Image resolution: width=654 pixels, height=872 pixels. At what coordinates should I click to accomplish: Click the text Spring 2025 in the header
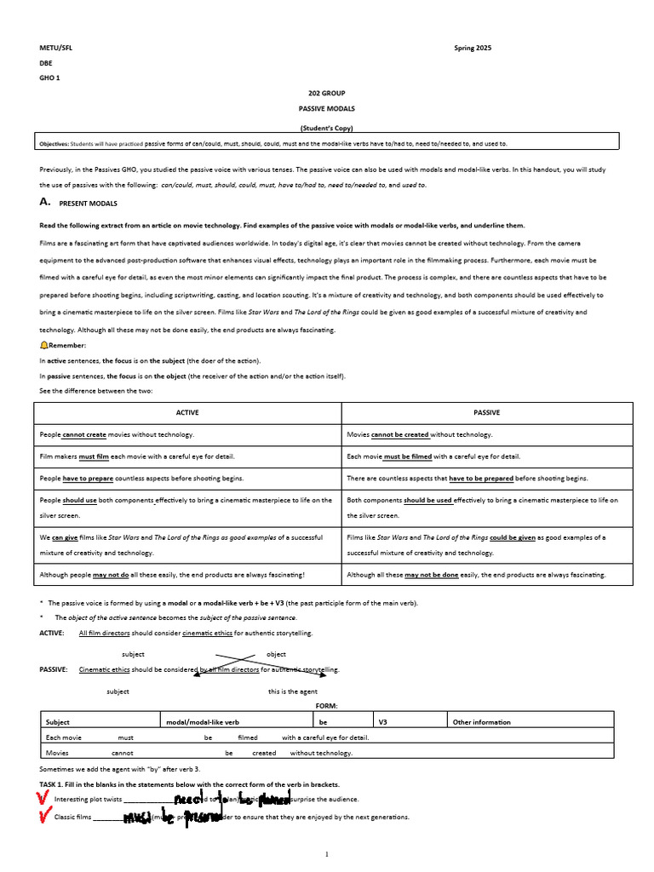(x=473, y=48)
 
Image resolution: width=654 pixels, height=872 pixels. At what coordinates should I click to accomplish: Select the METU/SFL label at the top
(x=56, y=48)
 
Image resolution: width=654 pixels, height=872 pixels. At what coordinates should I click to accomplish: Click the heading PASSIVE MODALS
(x=327, y=109)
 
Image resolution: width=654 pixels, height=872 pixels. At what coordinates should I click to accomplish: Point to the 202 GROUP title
(x=327, y=92)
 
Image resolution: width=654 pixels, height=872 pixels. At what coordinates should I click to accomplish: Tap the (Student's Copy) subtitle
(x=327, y=128)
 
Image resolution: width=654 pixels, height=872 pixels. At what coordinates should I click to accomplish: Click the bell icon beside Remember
(x=43, y=345)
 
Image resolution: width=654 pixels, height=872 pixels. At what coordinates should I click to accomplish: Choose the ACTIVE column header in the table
(x=186, y=412)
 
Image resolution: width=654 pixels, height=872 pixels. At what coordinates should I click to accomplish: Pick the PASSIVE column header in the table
(x=486, y=412)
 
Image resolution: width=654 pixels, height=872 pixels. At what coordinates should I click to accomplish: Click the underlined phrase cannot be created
(x=400, y=434)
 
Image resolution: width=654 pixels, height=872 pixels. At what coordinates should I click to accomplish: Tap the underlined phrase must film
(x=94, y=456)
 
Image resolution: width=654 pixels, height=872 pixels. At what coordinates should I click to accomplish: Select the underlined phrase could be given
(x=512, y=537)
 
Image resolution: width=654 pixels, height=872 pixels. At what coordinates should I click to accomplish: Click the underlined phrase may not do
(x=111, y=575)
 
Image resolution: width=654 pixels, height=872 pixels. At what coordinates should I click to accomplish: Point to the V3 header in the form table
(x=383, y=722)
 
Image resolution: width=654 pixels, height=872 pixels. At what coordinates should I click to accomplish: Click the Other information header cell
(x=482, y=722)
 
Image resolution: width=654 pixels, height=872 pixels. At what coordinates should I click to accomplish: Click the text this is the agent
(x=293, y=691)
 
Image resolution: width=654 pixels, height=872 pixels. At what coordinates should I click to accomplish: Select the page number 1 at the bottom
(x=327, y=853)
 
